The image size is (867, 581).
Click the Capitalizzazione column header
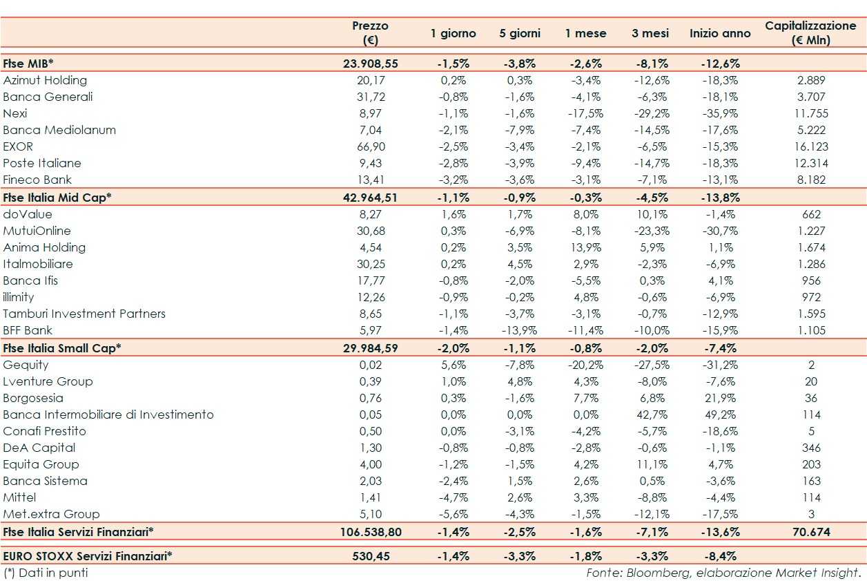pos(810,32)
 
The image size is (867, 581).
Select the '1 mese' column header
pos(585,33)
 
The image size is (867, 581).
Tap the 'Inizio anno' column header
pos(720,33)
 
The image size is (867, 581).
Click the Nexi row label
pos(15,113)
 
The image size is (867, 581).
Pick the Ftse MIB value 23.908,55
pos(371,64)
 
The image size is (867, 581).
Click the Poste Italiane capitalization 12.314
pos(810,163)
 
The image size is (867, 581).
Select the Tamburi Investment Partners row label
pos(84,314)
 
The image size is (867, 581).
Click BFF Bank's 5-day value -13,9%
pos(519,330)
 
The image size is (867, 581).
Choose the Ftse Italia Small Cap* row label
pos(62,347)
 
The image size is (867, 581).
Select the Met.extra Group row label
pos(51,514)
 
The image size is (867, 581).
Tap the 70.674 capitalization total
pos(810,532)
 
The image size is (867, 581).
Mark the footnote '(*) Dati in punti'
pos(46,573)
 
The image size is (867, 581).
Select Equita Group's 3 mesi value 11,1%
pos(650,464)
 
